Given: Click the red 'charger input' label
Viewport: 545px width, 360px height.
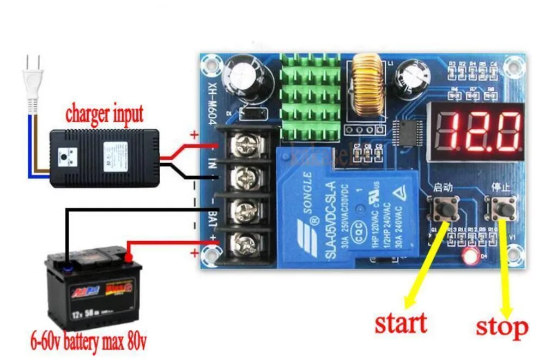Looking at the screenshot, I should pos(104,114).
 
